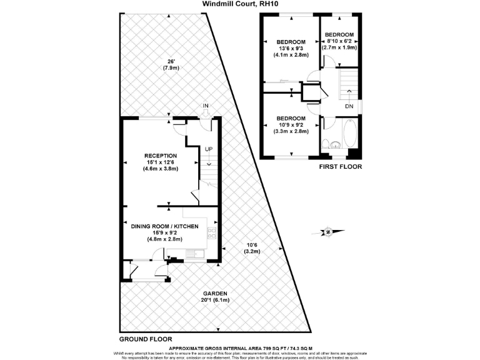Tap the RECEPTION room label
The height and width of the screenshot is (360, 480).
pyautogui.click(x=161, y=156)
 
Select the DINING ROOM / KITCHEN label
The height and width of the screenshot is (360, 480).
pyautogui.click(x=164, y=226)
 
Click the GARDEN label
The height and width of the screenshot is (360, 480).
pyautogui.click(x=214, y=293)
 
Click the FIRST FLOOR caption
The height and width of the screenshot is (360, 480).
pyautogui.click(x=340, y=167)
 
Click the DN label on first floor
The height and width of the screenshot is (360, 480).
pyautogui.click(x=349, y=107)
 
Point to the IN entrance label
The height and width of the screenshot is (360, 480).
pyautogui.click(x=205, y=106)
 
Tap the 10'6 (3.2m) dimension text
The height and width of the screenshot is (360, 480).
pyautogui.click(x=251, y=247)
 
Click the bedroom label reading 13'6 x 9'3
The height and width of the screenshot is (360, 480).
pyautogui.click(x=291, y=48)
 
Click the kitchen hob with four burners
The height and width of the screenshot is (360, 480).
pyautogui.click(x=211, y=234)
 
